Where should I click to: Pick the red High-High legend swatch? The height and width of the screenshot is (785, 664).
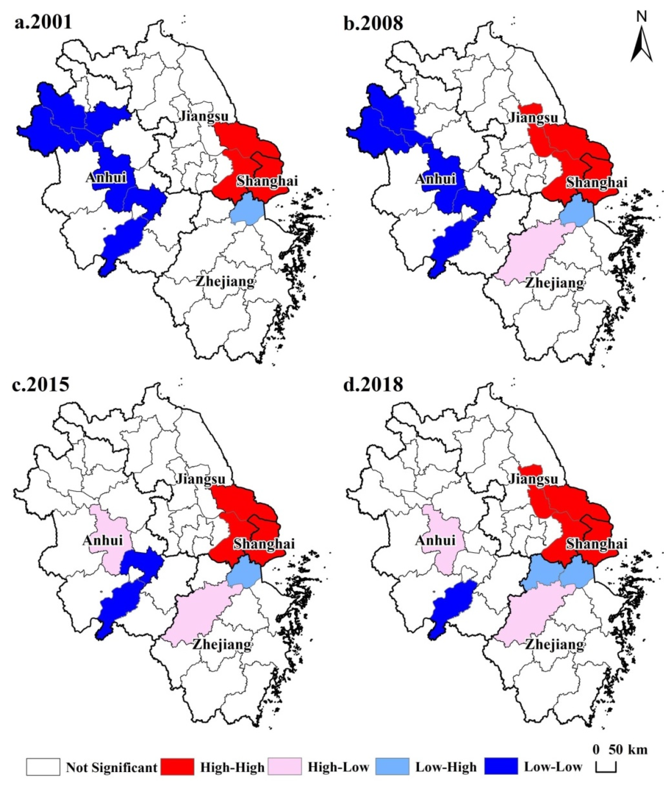(x=177, y=767)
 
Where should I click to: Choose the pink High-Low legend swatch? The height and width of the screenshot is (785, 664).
(x=285, y=767)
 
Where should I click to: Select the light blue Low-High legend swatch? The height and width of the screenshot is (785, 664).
(x=393, y=767)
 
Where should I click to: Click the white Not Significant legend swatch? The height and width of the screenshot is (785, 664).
(x=43, y=767)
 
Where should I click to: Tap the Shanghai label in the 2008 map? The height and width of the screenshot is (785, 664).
(x=597, y=182)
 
